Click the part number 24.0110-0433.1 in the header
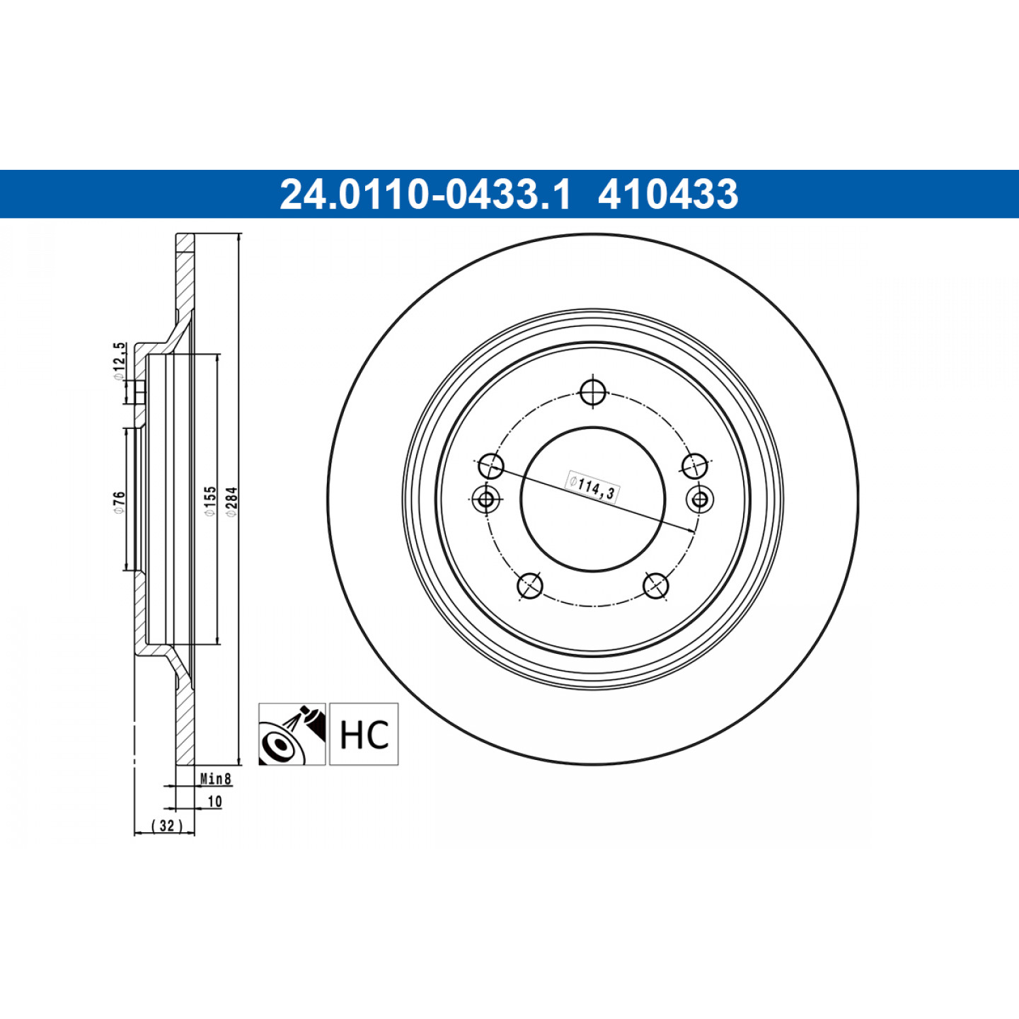tap(425, 194)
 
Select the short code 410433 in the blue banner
tap(668, 194)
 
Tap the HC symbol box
tap(364, 734)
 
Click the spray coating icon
tap(292, 734)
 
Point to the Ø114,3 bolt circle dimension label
tap(593, 486)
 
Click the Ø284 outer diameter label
tap(232, 501)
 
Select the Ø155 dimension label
tap(210, 501)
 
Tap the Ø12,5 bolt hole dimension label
tap(119, 361)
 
